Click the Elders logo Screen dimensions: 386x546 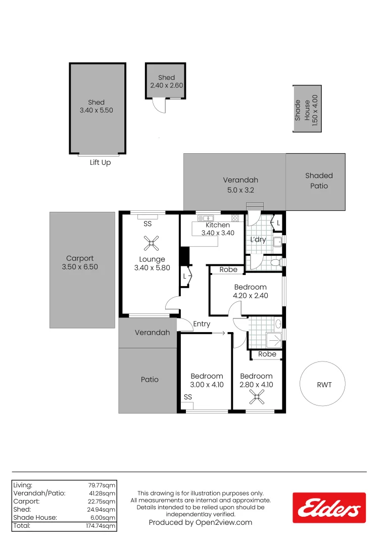[329, 508]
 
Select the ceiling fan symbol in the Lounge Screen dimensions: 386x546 [152, 243]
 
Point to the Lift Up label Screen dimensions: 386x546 [100, 163]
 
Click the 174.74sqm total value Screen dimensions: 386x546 [101, 526]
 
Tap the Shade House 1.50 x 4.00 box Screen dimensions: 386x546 [307, 109]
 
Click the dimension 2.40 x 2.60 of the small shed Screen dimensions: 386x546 [166, 85]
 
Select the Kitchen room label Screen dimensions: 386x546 [218, 225]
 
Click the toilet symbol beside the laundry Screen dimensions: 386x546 [277, 262]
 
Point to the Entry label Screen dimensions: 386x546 [202, 324]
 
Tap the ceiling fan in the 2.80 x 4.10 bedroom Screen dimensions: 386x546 [257, 397]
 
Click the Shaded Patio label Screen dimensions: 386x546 [319, 180]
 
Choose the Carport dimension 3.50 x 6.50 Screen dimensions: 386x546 [80, 267]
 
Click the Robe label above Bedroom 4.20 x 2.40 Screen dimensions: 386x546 [228, 269]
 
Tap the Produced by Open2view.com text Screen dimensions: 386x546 [201, 522]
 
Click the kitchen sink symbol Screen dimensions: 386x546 [206, 218]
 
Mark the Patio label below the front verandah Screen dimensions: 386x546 [150, 380]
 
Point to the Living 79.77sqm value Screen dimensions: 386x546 [102, 485]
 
